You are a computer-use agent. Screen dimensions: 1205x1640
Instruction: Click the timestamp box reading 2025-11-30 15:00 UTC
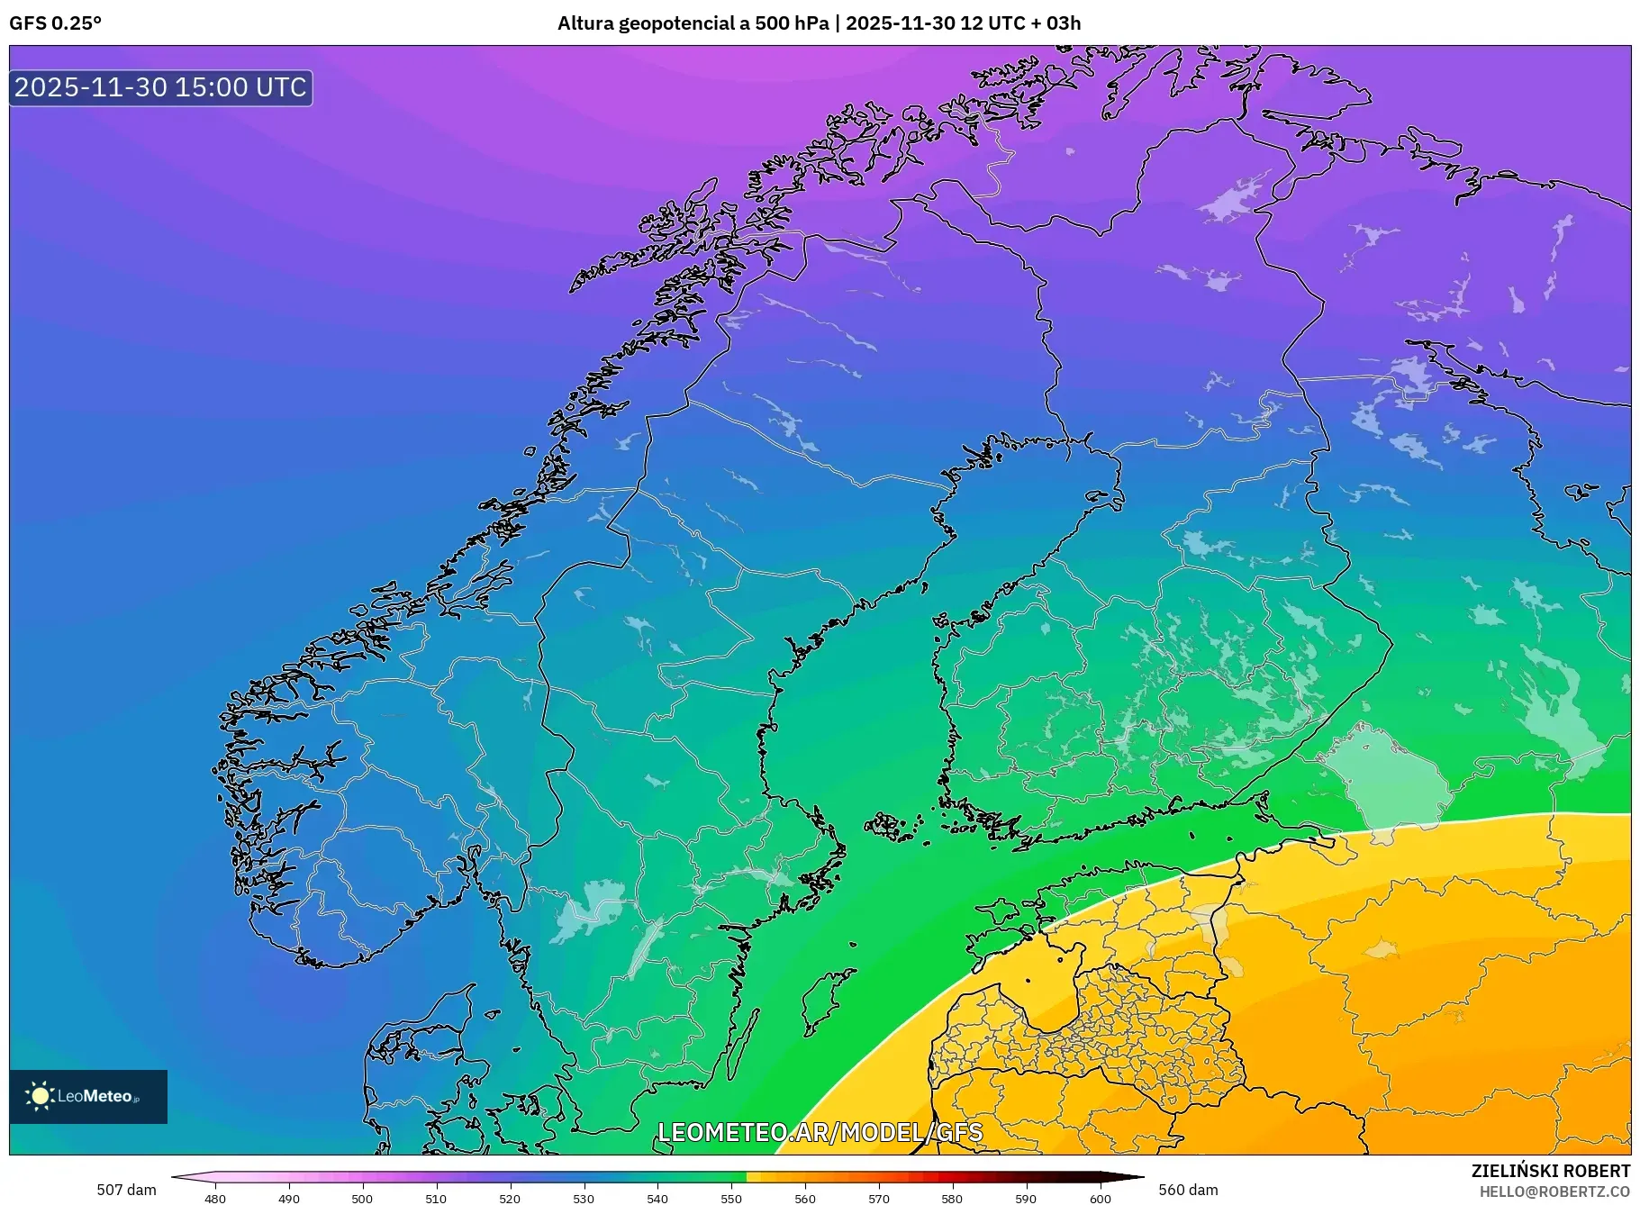pyautogui.click(x=160, y=87)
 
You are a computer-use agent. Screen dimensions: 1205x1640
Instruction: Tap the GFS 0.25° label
pyautogui.click(x=55, y=23)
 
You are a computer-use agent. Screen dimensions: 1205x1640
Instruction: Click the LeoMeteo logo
pyautogui.click(x=88, y=1096)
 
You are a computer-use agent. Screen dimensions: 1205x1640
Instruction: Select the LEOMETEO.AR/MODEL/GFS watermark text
pyautogui.click(x=820, y=1132)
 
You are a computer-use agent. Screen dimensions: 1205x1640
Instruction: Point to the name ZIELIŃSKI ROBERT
pyautogui.click(x=1550, y=1171)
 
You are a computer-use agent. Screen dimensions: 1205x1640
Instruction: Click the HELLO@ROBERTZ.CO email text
pyautogui.click(x=1554, y=1191)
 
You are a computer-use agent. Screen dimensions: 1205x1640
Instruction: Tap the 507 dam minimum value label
pyautogui.click(x=126, y=1190)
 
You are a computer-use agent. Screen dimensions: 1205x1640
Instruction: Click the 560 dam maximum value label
pyautogui.click(x=1188, y=1190)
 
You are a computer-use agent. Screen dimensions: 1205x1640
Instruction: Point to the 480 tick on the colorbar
pyautogui.click(x=215, y=1199)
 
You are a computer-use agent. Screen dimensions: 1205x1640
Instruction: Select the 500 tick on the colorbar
pyautogui.click(x=362, y=1199)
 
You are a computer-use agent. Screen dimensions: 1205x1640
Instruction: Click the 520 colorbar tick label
pyautogui.click(x=510, y=1199)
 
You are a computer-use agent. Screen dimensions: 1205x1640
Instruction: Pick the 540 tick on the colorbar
pyautogui.click(x=657, y=1199)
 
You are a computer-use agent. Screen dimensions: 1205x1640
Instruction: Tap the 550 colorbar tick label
pyautogui.click(x=731, y=1199)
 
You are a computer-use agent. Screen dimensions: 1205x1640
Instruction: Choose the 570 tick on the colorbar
pyautogui.click(x=879, y=1199)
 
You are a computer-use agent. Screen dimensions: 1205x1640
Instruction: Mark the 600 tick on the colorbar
pyautogui.click(x=1100, y=1199)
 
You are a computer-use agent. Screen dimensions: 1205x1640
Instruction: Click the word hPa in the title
pyautogui.click(x=810, y=23)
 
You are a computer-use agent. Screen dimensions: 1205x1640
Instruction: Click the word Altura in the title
pyautogui.click(x=585, y=23)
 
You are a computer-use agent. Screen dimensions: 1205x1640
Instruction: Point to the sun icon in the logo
pyautogui.click(x=40, y=1096)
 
